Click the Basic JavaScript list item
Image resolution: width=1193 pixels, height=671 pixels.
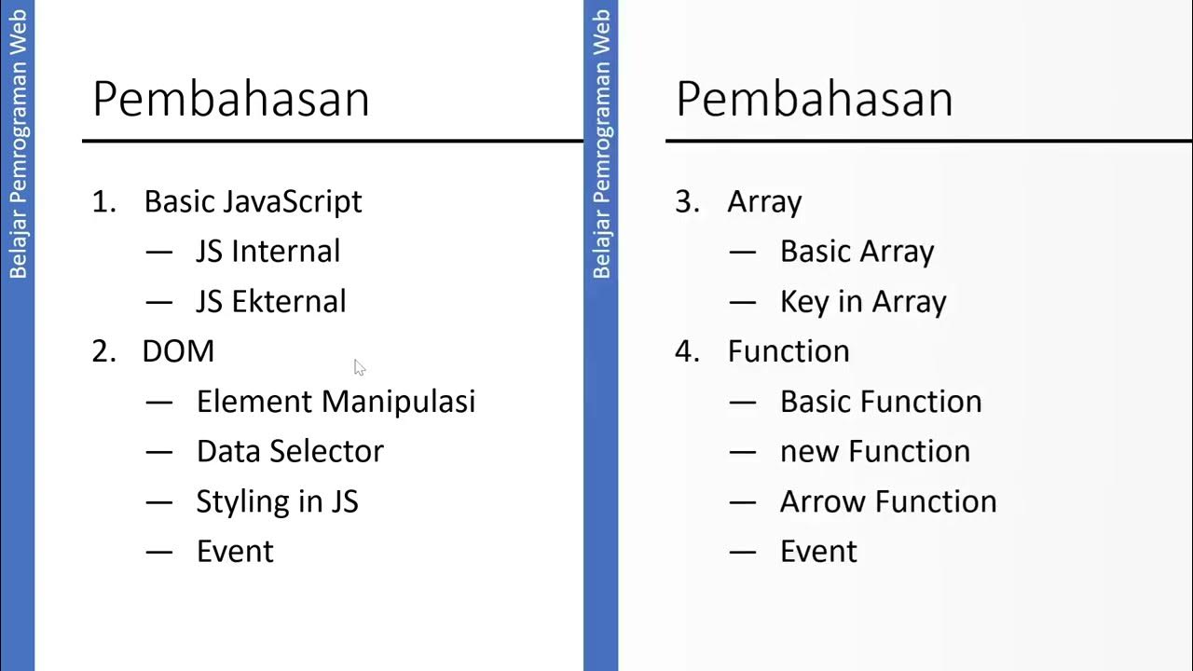coord(253,201)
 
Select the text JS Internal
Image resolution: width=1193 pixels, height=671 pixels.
coord(267,252)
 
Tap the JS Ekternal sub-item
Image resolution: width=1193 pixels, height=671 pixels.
coord(270,302)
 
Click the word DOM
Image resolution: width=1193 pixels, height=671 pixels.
coord(178,351)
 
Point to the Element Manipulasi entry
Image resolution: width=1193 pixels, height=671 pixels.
coord(336,402)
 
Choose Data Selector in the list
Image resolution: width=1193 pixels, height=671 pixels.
coord(290,451)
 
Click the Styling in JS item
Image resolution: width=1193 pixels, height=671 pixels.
coord(277,501)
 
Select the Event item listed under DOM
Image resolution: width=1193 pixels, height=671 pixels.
coord(235,552)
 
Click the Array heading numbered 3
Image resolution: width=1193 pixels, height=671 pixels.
coord(764,201)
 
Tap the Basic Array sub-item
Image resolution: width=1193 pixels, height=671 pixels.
coord(857,252)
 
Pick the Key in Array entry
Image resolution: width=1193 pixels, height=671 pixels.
coord(863,302)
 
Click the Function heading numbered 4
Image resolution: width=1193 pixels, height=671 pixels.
coord(788,351)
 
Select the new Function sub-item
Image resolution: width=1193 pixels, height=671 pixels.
coord(874,451)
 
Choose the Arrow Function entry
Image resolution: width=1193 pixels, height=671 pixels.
coord(888,501)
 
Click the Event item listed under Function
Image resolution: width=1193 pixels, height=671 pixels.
coord(818,552)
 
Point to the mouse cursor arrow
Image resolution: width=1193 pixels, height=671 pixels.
coord(360,367)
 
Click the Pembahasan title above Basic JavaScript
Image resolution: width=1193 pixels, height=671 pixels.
coord(231,99)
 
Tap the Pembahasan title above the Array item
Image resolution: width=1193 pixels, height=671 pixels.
coord(815,99)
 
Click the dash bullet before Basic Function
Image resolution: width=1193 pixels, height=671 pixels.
coord(743,402)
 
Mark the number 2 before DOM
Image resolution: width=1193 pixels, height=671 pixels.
coord(101,351)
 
